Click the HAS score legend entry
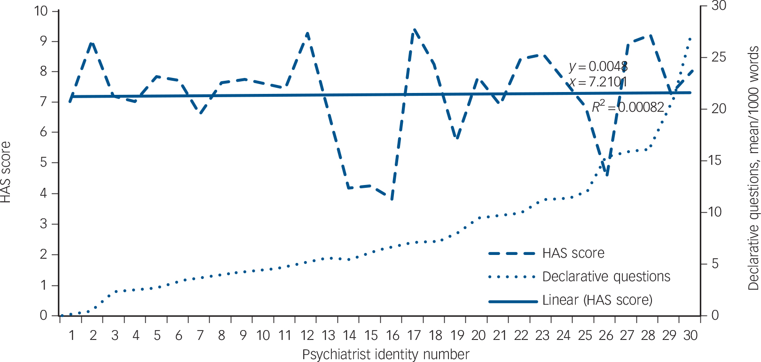(573, 254)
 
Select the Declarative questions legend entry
(606, 277)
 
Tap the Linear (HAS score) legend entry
(597, 300)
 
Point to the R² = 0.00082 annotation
(628, 108)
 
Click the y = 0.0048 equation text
(598, 67)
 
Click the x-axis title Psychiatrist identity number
(385, 354)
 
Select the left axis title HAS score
(6, 172)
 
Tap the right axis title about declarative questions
(753, 168)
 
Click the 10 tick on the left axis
(41, 11)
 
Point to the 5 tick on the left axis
(44, 163)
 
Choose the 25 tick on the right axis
(719, 57)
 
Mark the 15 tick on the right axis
(719, 161)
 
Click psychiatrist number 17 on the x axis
(414, 336)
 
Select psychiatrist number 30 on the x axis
(690, 336)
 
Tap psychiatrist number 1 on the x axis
(72, 336)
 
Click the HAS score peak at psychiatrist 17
(414, 30)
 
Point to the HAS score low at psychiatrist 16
(392, 199)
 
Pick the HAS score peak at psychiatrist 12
(307, 34)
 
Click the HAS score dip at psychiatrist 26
(607, 175)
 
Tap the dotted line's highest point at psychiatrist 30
(690, 38)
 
